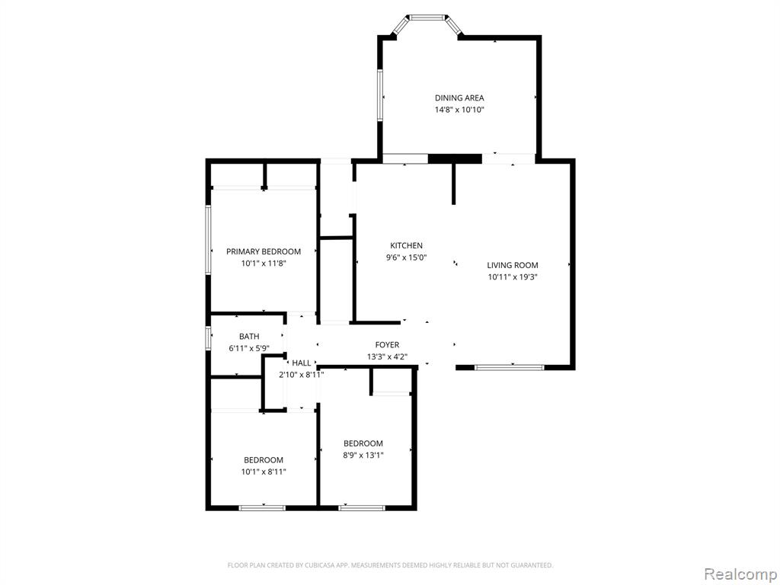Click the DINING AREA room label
459,98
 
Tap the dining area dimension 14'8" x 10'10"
459,110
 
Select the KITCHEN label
407,245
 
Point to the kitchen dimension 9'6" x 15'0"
407,257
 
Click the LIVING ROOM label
513,265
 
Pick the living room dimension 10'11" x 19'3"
513,277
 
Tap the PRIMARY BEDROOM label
264,251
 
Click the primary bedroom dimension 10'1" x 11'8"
264,264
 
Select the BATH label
249,337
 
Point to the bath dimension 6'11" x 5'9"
249,349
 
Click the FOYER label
387,345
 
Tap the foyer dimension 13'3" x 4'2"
387,356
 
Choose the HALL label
302,363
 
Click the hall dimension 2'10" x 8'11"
302,375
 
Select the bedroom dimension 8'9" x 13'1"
363,456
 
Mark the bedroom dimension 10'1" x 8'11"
264,472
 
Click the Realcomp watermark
740,574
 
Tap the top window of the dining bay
427,18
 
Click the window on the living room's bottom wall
510,368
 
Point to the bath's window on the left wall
209,337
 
